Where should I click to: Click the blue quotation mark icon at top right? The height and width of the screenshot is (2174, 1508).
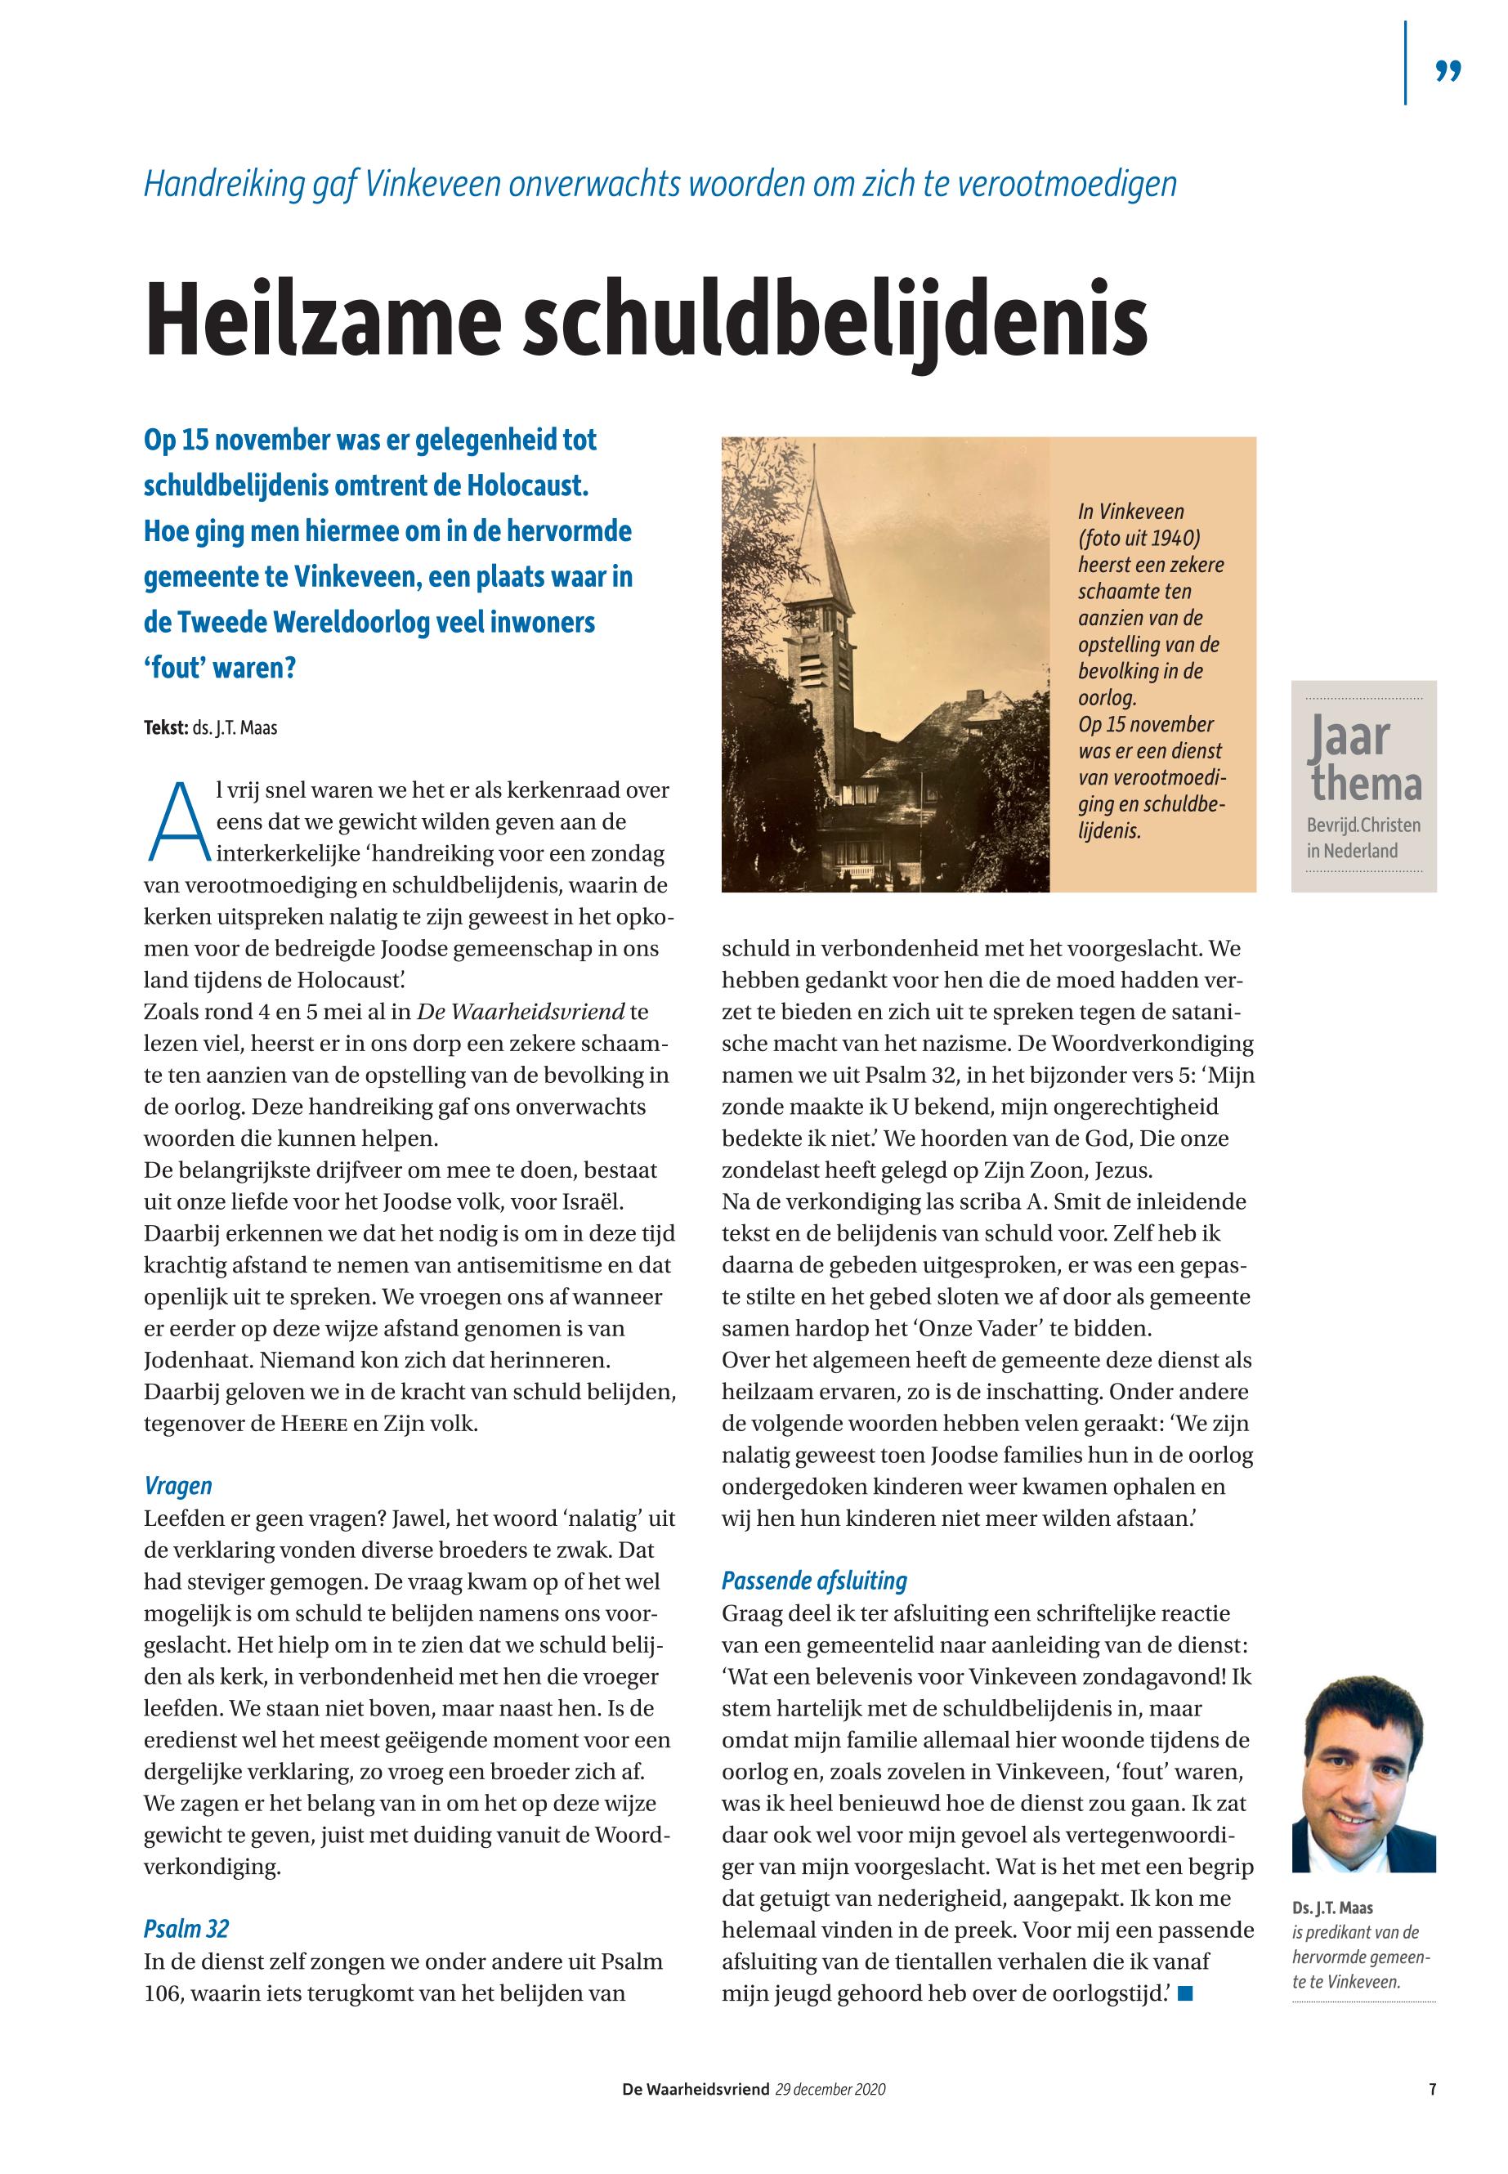pyautogui.click(x=1448, y=72)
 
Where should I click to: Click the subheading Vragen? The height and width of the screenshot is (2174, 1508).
pyautogui.click(x=177, y=1486)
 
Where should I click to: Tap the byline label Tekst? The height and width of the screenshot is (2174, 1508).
pyautogui.click(x=165, y=728)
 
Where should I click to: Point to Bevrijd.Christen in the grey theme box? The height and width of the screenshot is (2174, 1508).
pyautogui.click(x=1363, y=825)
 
